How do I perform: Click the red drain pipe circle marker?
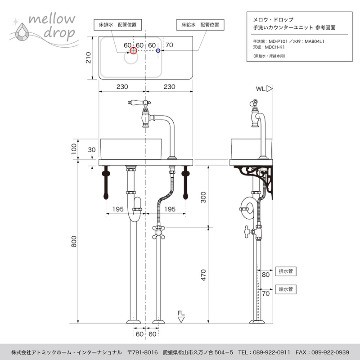133,50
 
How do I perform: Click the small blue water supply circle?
158,50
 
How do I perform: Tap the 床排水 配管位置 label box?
117,25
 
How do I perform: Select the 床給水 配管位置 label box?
200,25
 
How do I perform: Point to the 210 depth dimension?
88,58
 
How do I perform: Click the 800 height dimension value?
74,242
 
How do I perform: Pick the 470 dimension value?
203,275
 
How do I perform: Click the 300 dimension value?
203,198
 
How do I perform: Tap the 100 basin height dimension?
74,149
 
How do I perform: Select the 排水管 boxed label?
286,271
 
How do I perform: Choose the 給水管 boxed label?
286,289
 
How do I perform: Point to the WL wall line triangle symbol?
269,89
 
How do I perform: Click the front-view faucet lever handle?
137,102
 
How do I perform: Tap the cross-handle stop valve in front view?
159,232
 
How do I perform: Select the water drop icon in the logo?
22,32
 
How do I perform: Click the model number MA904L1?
314,41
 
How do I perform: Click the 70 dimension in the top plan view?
169,45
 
